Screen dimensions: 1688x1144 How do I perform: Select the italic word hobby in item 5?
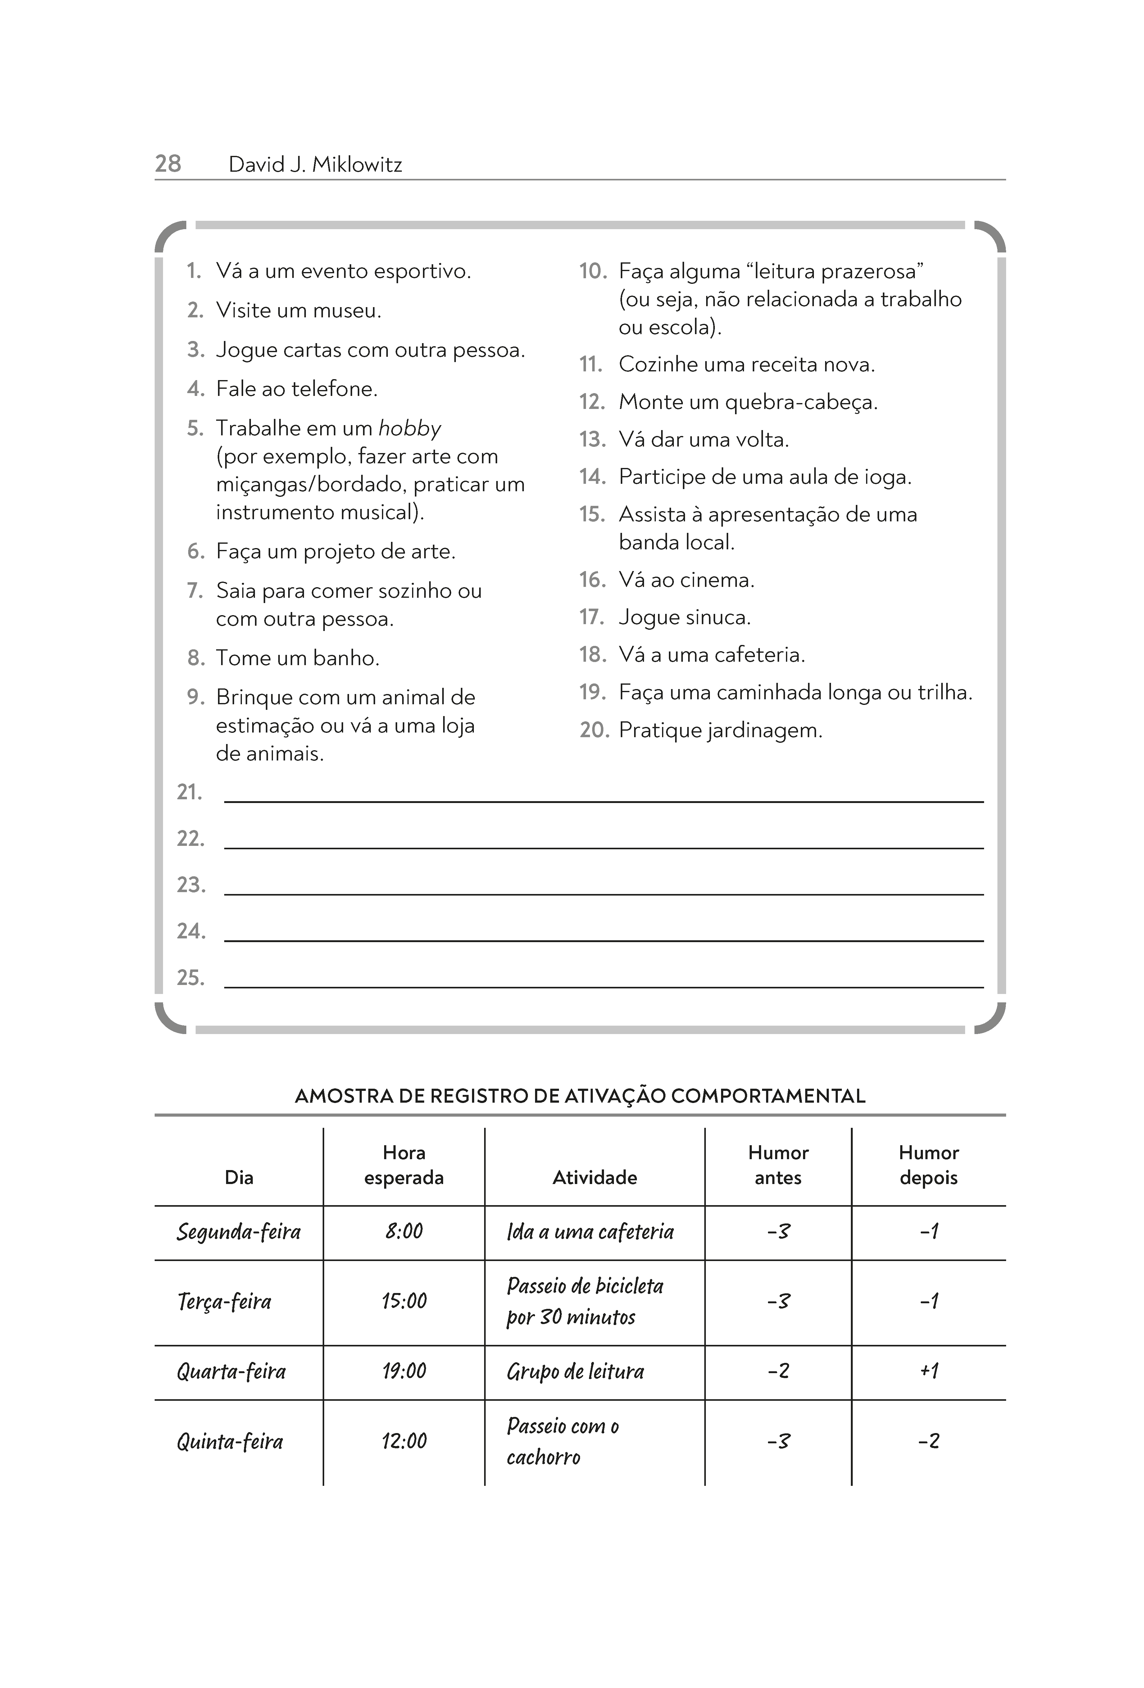tap(410, 429)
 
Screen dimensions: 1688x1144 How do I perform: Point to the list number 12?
tap(592, 402)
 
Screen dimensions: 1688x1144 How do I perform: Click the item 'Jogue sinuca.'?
tap(684, 617)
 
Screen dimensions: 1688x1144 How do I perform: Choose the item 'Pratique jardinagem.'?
tap(720, 730)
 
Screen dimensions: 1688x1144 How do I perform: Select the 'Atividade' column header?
tap(594, 1178)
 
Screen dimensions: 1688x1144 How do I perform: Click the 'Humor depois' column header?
tap(928, 1165)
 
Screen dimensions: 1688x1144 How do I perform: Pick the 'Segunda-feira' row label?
tap(238, 1232)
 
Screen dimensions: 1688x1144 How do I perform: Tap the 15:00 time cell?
tap(404, 1301)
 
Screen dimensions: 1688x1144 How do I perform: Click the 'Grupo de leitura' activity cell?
tap(575, 1371)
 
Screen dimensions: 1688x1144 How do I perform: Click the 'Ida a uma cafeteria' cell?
tap(590, 1232)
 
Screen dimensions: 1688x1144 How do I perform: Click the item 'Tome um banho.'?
tap(298, 658)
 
